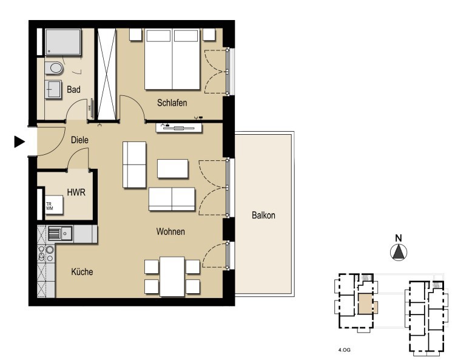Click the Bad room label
[x=73, y=89]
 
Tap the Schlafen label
[x=172, y=103]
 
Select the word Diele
[x=79, y=140]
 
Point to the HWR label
[x=76, y=192]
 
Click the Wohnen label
[x=170, y=231]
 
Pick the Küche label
[x=82, y=272]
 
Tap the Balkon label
[x=263, y=215]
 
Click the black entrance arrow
[x=19, y=142]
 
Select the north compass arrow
[x=399, y=252]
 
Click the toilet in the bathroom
[x=54, y=68]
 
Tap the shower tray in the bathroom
[x=63, y=42]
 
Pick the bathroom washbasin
[x=53, y=89]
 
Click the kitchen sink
[x=60, y=234]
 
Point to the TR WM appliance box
[x=54, y=205]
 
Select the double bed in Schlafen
[x=172, y=59]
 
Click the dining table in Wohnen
[x=172, y=276]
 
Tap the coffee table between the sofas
[x=173, y=168]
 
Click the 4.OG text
[x=344, y=350]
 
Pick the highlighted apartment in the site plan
[x=368, y=304]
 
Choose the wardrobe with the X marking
[x=107, y=73]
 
